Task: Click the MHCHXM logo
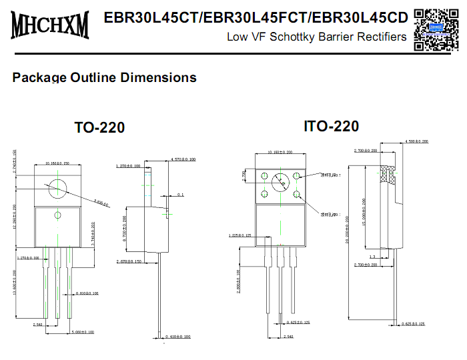pyautogui.click(x=50, y=25)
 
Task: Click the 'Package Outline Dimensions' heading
pyautogui.click(x=104, y=77)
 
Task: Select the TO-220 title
pyautogui.click(x=99, y=127)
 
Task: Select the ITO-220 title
pyautogui.click(x=331, y=126)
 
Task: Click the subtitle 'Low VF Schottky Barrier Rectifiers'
pyautogui.click(x=316, y=37)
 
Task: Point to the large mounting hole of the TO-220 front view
pyautogui.click(x=57, y=187)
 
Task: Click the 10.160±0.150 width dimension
pyautogui.click(x=57, y=163)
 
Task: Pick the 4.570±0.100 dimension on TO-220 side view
pyautogui.click(x=183, y=159)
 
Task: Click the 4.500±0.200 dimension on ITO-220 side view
pyautogui.click(x=416, y=141)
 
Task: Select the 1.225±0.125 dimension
pyautogui.click(x=240, y=235)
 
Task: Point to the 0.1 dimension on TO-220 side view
pyautogui.click(x=181, y=195)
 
